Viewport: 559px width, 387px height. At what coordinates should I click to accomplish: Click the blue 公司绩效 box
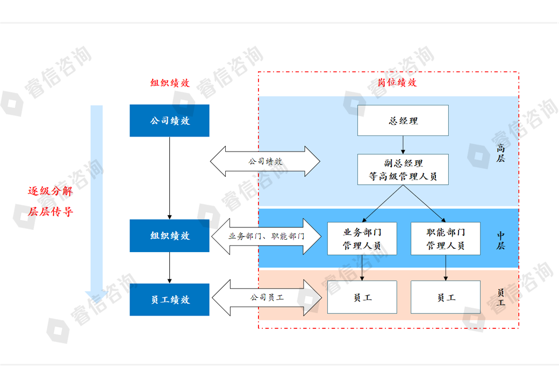169,121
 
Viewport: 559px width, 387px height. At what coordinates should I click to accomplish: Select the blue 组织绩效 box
169,235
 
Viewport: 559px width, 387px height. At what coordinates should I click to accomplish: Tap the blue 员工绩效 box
169,300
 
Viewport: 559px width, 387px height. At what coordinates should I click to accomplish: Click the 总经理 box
403,120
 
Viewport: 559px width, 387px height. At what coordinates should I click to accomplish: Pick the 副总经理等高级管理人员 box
403,169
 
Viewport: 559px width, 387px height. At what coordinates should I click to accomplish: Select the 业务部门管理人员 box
362,239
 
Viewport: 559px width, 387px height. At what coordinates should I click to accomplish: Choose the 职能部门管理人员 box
446,239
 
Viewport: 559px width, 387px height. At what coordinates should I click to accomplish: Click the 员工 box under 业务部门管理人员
362,297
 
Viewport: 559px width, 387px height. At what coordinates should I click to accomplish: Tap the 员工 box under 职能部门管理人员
446,297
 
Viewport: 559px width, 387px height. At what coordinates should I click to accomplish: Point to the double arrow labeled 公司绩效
265,161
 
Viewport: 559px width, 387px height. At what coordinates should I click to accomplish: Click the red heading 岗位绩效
397,83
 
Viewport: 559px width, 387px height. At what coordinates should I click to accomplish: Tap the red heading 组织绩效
170,83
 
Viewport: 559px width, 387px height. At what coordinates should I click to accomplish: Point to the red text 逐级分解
50,191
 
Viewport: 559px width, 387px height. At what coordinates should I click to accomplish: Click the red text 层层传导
50,211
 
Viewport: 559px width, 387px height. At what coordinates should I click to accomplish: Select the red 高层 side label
500,153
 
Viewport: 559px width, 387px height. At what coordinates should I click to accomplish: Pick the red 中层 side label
500,240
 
